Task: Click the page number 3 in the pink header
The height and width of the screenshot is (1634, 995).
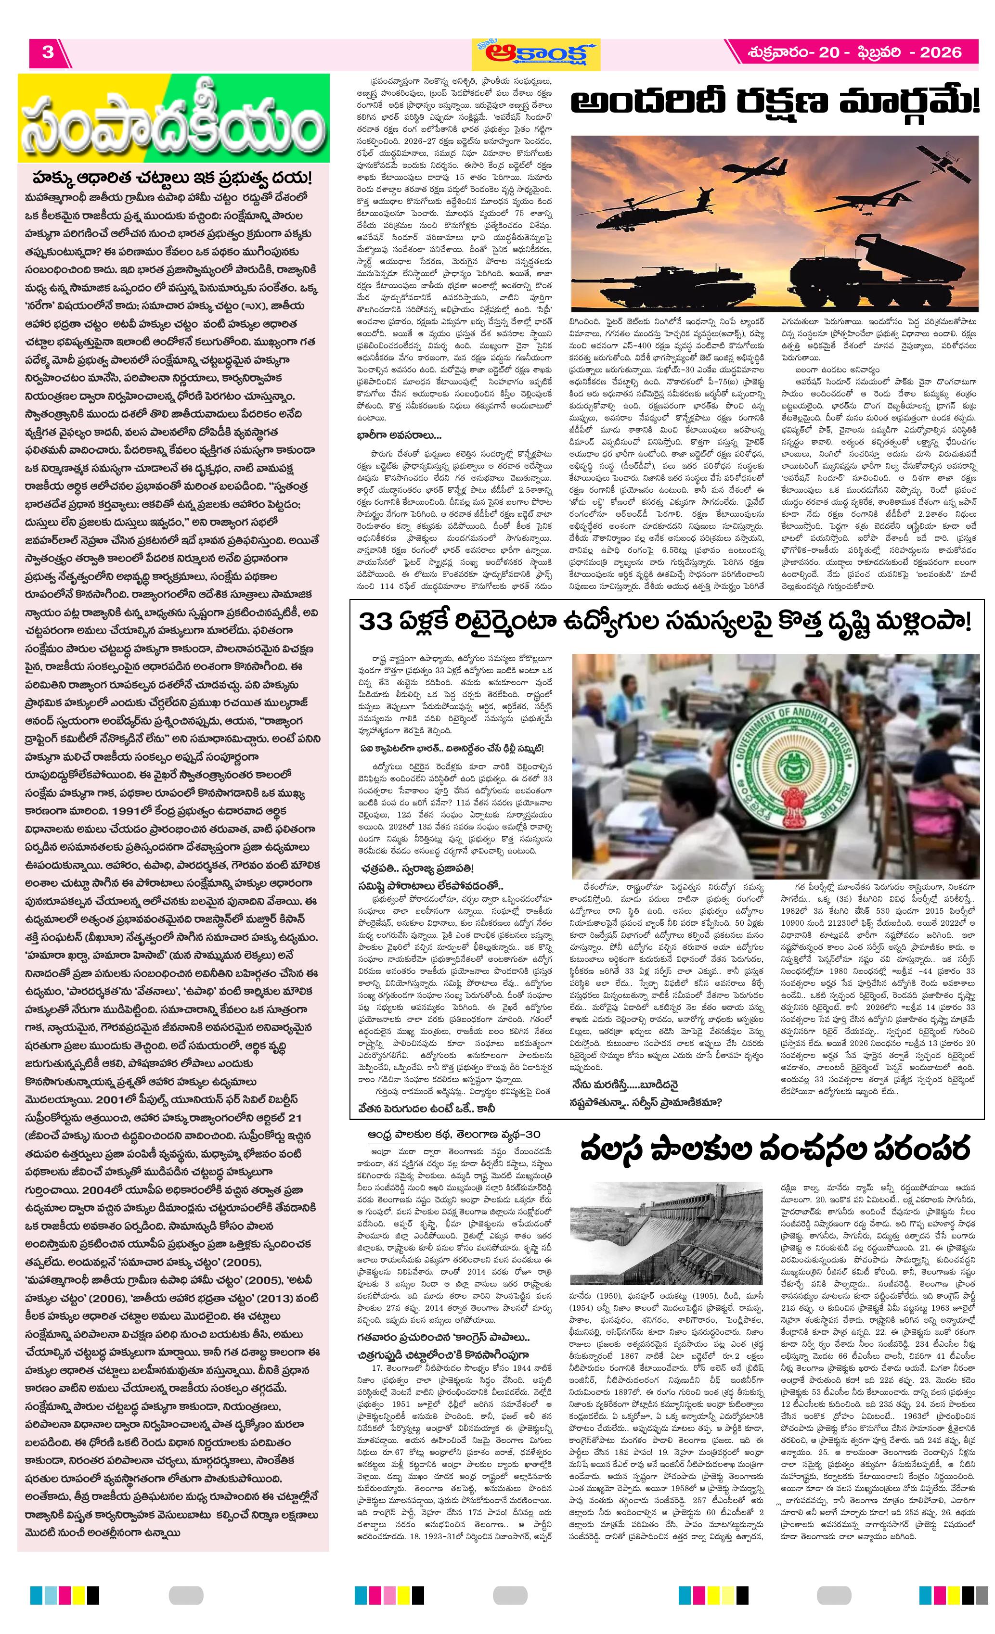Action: [48, 52]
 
